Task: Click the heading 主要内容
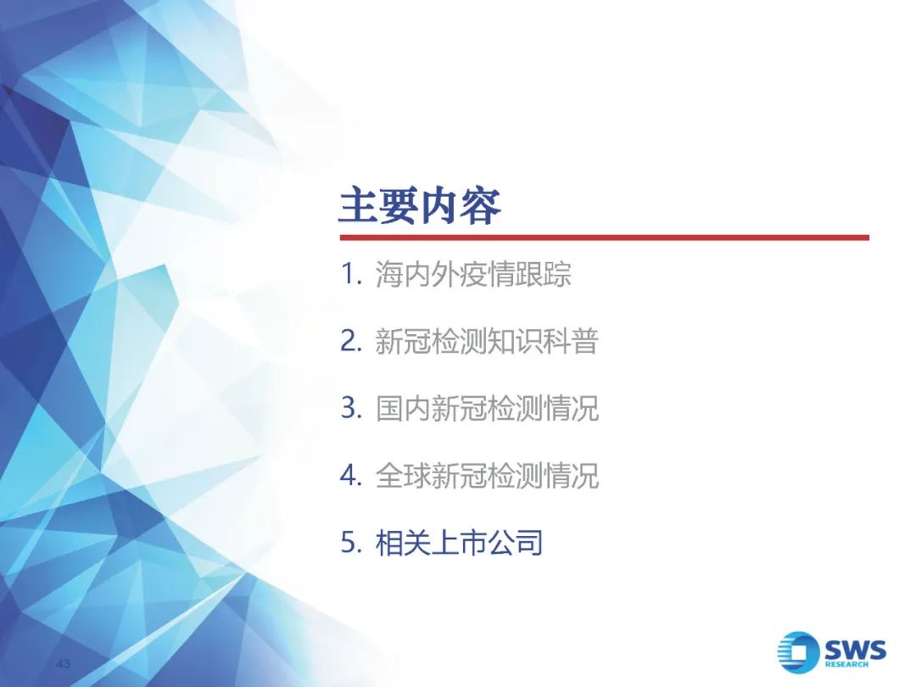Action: click(420, 205)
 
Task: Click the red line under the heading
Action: click(605, 237)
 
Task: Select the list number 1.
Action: click(351, 273)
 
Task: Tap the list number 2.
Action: click(351, 341)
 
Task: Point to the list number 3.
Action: click(351, 408)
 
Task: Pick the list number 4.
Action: click(351, 475)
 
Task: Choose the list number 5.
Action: click(351, 542)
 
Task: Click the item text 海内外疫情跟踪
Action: click(473, 274)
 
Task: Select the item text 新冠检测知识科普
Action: click(487, 341)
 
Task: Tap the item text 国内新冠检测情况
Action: click(487, 408)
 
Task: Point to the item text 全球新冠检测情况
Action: click(487, 476)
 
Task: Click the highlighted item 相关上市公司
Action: click(459, 543)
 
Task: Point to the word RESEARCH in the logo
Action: click(846, 665)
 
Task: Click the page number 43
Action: click(63, 663)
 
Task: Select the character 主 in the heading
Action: click(359, 205)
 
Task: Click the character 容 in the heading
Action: click(481, 205)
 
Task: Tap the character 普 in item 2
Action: click(585, 341)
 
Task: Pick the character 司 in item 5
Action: click(529, 543)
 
